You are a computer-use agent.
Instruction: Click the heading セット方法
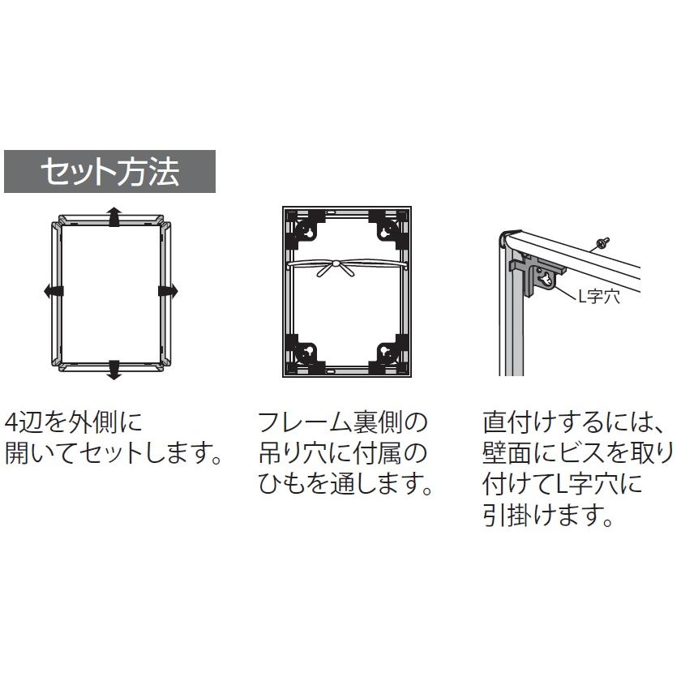point(110,171)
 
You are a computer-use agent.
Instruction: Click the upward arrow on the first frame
point(113,216)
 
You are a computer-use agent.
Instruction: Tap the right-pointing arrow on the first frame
point(169,290)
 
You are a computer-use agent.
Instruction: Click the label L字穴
point(597,297)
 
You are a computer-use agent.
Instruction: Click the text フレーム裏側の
point(341,422)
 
